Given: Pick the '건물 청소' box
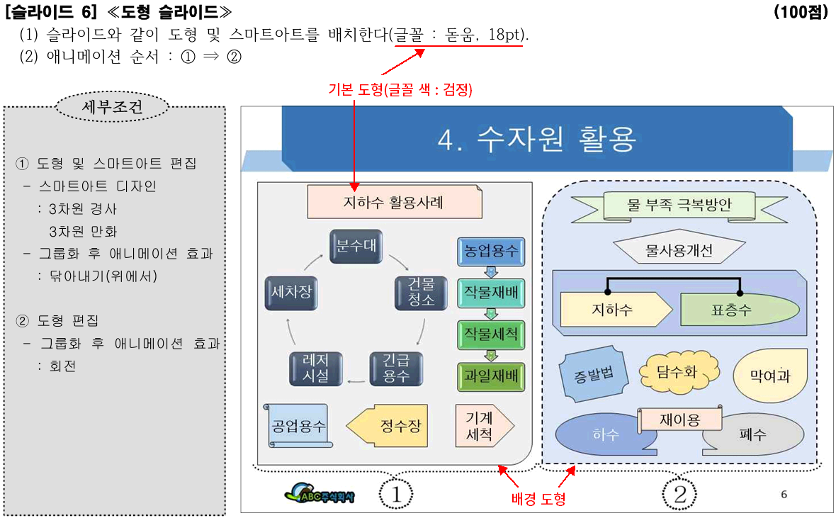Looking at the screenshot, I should coord(422,291).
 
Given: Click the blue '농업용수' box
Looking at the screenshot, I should coord(491,251).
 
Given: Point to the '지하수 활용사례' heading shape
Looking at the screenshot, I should coord(394,203).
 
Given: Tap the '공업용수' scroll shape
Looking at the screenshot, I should coord(298,426).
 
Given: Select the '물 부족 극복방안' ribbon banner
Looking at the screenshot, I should coord(679,205).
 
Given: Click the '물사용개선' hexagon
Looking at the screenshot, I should coord(679,250).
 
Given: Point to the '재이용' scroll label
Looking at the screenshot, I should coord(679,420).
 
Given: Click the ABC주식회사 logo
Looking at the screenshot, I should coord(320,493).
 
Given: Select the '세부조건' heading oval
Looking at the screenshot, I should coord(113,108).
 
